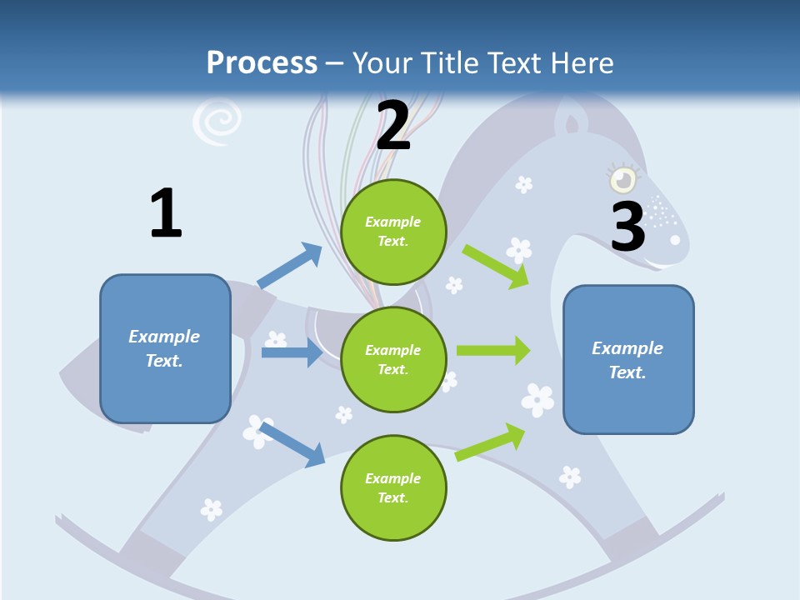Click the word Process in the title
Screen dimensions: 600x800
(x=262, y=63)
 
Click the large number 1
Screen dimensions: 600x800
(x=166, y=213)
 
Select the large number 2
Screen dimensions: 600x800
(x=393, y=126)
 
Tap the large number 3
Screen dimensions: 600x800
(x=628, y=226)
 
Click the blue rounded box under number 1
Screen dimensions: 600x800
(x=165, y=348)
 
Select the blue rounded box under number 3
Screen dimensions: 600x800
(x=628, y=359)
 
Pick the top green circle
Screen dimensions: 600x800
(x=393, y=232)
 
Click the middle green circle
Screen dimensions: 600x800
(x=393, y=359)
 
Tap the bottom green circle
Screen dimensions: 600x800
(x=393, y=487)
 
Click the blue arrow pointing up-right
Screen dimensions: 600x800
(x=290, y=266)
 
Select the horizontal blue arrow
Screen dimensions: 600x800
(x=292, y=352)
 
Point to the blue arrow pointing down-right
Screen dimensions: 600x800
(x=292, y=444)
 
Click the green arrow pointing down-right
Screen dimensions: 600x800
(x=496, y=266)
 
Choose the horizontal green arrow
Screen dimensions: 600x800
(x=493, y=350)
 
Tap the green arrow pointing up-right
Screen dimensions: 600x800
(x=491, y=442)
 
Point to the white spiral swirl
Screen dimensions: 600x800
(x=217, y=122)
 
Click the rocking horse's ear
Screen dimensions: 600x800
(x=572, y=123)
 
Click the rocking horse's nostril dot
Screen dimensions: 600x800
(x=675, y=240)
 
